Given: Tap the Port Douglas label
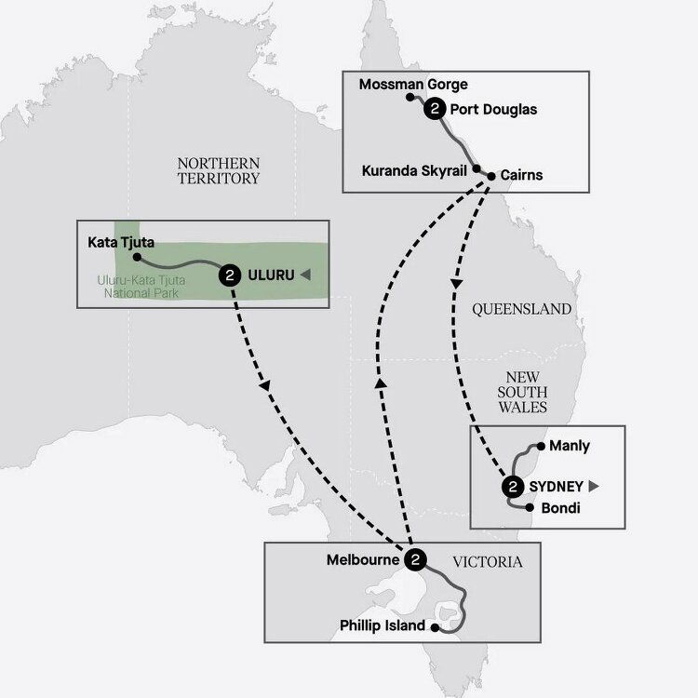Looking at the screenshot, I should click(x=492, y=110).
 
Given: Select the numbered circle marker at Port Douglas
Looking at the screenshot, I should click(x=434, y=110).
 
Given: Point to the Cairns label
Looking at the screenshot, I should click(x=521, y=174).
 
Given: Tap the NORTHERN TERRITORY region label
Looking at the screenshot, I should click(x=218, y=170).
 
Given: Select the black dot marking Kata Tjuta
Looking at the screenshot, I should click(x=136, y=256).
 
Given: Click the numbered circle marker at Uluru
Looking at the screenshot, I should click(x=229, y=275).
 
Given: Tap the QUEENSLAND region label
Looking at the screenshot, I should click(x=521, y=309).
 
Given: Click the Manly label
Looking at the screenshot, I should click(x=570, y=446).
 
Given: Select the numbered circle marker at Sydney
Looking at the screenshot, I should click(x=512, y=486).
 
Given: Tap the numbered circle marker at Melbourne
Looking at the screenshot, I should click(x=417, y=560).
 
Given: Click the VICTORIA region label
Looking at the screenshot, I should click(x=487, y=562).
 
